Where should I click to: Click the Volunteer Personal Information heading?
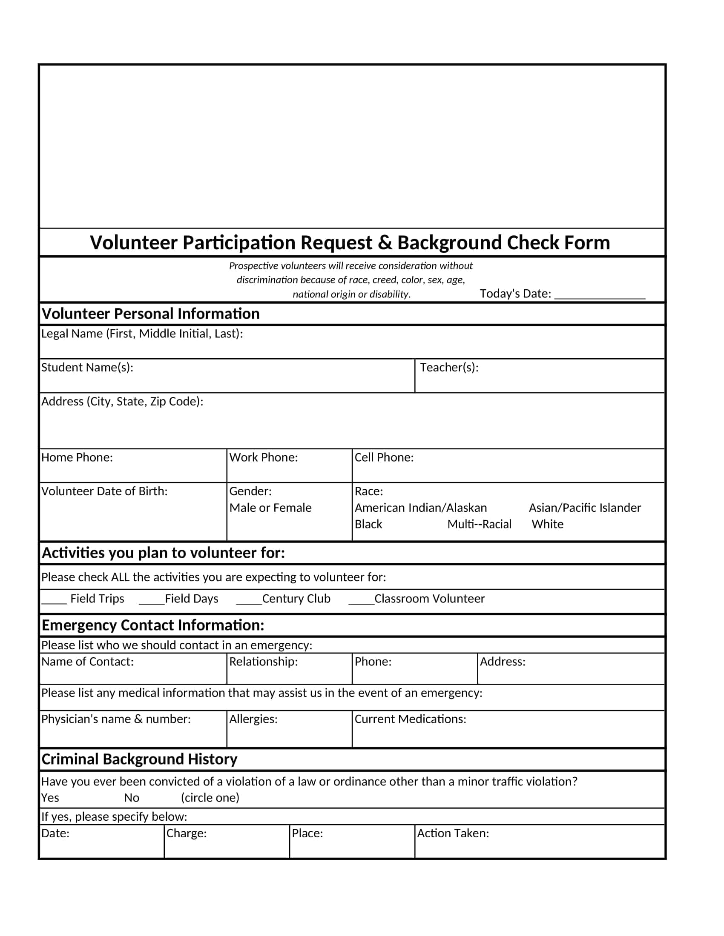(150, 314)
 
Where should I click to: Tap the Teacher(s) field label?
(449, 367)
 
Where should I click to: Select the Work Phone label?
(263, 457)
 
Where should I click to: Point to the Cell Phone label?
(384, 457)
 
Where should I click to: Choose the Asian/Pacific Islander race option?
(585, 508)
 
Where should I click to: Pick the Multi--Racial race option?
(479, 524)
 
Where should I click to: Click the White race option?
(547, 524)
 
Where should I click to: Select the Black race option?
(368, 524)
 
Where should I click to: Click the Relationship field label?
(263, 661)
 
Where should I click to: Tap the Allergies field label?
(253, 719)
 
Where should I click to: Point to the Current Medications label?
(410, 719)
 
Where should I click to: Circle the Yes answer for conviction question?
(50, 798)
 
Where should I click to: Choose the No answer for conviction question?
(132, 798)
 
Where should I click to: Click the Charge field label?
(187, 833)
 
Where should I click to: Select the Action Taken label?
(453, 833)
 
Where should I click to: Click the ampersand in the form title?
(385, 243)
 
